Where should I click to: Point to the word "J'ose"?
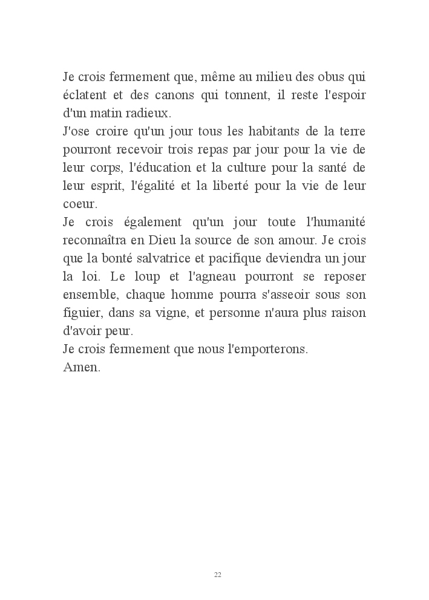[77, 132]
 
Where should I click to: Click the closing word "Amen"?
[80, 368]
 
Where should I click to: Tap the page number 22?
[218, 575]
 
